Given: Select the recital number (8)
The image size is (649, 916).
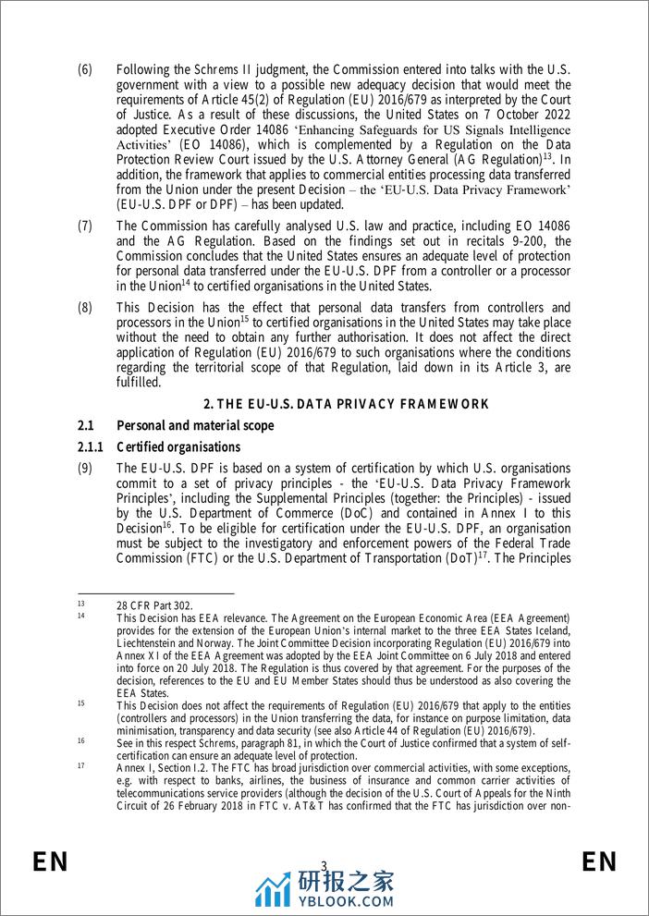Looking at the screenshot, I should [85, 307].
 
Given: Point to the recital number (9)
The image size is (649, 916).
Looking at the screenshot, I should [85, 469].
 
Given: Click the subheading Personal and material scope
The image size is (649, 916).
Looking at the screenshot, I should [197, 425].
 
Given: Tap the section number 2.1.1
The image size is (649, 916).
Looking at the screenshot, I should [91, 447].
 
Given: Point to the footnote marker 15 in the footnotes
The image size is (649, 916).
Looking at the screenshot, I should [81, 702].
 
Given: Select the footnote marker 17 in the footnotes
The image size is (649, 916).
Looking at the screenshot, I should [81, 766].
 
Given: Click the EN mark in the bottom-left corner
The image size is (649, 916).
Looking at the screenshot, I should [51, 862].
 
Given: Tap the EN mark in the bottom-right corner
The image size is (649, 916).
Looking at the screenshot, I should [599, 862].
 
